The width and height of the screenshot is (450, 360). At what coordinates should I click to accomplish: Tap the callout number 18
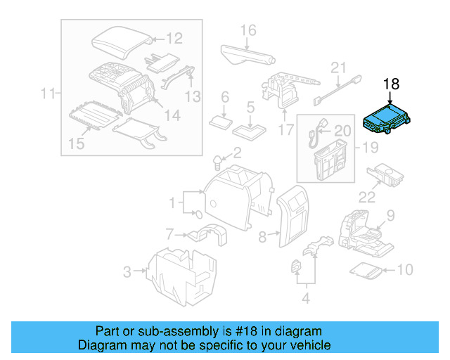(x=391, y=84)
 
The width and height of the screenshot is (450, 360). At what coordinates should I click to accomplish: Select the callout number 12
(x=174, y=39)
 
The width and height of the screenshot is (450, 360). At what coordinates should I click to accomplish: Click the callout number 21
(x=340, y=68)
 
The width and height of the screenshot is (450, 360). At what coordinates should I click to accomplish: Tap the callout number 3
(x=127, y=269)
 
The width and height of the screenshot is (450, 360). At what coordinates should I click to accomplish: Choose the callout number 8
(x=263, y=237)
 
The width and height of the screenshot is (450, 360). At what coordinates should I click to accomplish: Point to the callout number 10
(x=407, y=269)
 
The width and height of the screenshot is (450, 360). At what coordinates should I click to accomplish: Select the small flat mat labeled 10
(x=367, y=269)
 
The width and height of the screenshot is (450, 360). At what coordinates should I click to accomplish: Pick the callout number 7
(x=169, y=233)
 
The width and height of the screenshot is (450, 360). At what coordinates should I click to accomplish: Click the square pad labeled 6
(x=224, y=120)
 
